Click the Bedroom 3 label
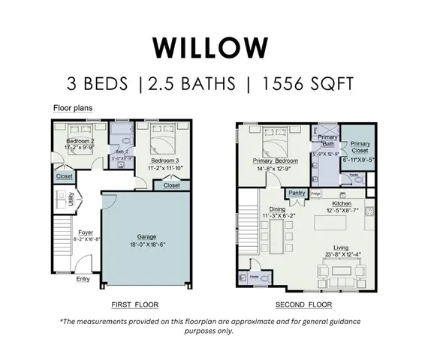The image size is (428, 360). click(x=164, y=160)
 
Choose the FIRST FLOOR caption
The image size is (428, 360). click(x=135, y=304)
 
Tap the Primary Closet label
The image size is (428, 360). click(x=360, y=146)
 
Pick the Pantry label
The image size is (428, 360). click(x=297, y=193)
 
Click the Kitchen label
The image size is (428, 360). click(x=342, y=203)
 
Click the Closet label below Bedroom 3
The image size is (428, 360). click(x=171, y=185)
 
